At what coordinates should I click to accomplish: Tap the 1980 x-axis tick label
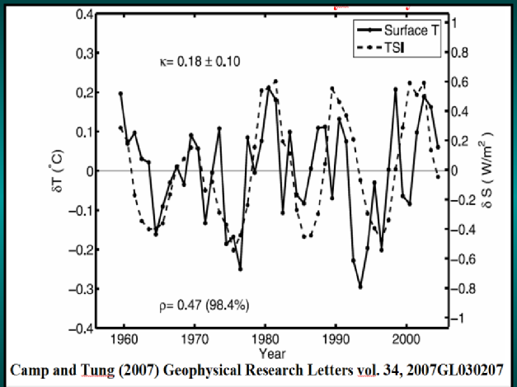point(266,338)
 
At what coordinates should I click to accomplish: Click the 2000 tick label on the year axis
point(406,338)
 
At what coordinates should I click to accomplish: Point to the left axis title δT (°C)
point(70,171)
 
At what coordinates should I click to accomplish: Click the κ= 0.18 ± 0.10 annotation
point(200,62)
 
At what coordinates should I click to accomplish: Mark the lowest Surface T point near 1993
point(360,287)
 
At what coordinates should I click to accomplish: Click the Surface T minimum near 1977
point(240,268)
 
